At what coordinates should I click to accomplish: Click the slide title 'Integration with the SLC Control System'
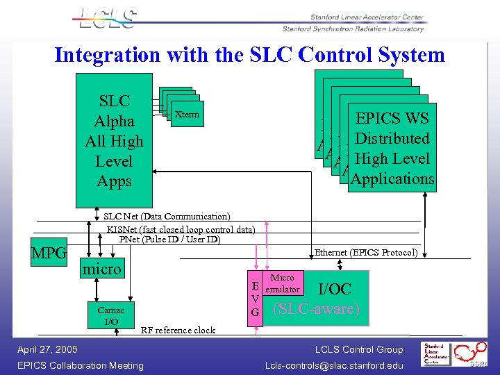click(249, 55)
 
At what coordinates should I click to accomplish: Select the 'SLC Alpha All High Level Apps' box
click(113, 141)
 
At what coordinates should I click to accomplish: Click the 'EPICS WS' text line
click(392, 117)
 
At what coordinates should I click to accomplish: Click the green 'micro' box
click(102, 269)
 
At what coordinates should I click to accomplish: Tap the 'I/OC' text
click(334, 290)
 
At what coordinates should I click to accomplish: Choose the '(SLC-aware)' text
click(317, 310)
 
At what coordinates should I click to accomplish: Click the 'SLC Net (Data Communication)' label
click(167, 217)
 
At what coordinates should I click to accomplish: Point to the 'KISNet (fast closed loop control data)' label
click(181, 229)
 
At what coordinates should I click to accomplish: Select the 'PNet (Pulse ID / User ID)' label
click(169, 240)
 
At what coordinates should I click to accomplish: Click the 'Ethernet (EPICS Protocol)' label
click(366, 253)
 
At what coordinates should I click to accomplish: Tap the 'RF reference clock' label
click(178, 330)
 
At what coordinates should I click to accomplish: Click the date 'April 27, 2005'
click(47, 349)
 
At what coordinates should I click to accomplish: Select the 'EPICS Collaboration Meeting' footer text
click(80, 365)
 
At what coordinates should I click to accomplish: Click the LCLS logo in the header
click(108, 19)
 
